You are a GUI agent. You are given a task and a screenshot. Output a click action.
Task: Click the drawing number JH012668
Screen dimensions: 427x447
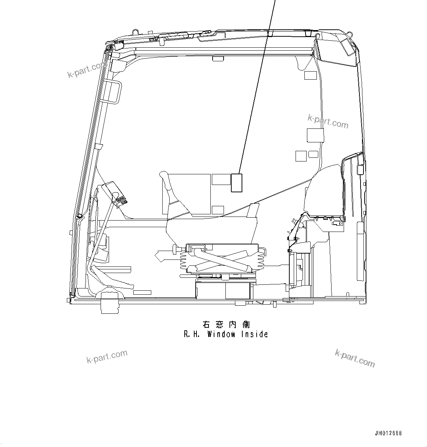pyautogui.click(x=388, y=433)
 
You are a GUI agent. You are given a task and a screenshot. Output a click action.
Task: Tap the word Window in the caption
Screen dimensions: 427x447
pyautogui.click(x=221, y=334)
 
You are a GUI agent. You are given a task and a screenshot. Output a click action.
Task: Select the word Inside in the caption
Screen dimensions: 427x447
pyautogui.click(x=254, y=334)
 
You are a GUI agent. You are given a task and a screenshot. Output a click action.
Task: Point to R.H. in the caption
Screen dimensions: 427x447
pyautogui.click(x=192, y=334)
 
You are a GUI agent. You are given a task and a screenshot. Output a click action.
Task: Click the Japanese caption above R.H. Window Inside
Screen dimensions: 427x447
pyautogui.click(x=226, y=324)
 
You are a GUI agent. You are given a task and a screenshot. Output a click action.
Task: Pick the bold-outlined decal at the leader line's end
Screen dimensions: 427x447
pyautogui.click(x=236, y=182)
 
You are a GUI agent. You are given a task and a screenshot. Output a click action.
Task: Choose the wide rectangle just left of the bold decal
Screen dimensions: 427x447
pyautogui.click(x=221, y=179)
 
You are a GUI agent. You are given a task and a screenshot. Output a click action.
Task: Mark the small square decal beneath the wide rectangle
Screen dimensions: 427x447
pyautogui.click(x=218, y=210)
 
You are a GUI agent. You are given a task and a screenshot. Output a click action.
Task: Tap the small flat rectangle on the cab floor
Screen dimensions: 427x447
pyautogui.click(x=142, y=292)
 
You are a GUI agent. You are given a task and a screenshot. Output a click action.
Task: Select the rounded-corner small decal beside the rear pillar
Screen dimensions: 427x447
pyautogui.click(x=313, y=154)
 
